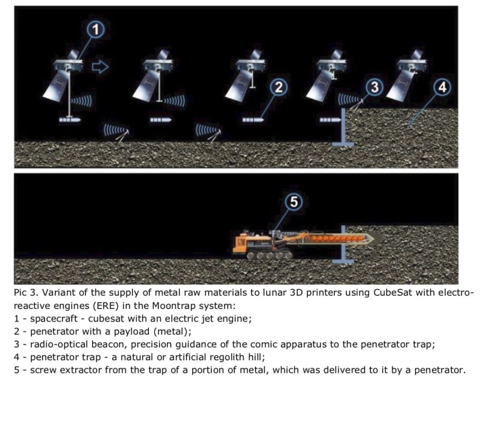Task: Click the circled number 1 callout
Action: (96, 30)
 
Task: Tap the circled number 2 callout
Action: (278, 87)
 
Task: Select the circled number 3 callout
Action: (374, 87)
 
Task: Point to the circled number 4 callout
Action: (442, 87)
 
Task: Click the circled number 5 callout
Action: (294, 202)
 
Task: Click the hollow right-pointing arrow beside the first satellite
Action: (100, 67)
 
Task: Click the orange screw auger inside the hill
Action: (337, 238)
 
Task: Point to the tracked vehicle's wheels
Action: (269, 255)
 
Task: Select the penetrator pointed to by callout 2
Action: (253, 119)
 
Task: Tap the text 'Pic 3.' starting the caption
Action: (26, 292)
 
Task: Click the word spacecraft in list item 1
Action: (54, 319)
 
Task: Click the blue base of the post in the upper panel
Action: (343, 143)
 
